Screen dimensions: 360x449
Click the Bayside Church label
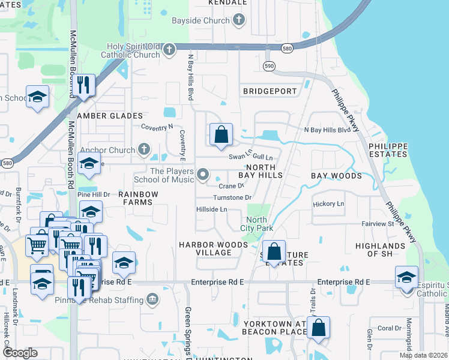(x=208, y=20)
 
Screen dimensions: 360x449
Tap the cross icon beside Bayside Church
(x=239, y=20)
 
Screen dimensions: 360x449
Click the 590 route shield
(x=269, y=65)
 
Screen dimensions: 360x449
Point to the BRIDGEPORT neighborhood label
(x=270, y=91)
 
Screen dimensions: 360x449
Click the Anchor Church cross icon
(x=143, y=148)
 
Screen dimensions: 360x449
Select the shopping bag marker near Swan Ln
(x=221, y=135)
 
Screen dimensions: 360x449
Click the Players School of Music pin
(x=203, y=175)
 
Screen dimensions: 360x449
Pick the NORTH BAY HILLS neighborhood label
(x=261, y=171)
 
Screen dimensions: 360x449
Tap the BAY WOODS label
(x=336, y=176)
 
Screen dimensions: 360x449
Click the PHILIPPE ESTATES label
(x=388, y=150)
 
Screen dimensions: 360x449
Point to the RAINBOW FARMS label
(x=138, y=198)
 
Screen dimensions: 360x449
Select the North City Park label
(x=256, y=224)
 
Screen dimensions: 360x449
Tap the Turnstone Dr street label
(x=232, y=197)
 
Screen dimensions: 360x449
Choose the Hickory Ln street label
(x=328, y=204)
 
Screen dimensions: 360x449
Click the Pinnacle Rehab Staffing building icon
(x=152, y=298)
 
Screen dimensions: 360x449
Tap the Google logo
(x=20, y=353)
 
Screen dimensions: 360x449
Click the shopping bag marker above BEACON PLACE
(x=319, y=328)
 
